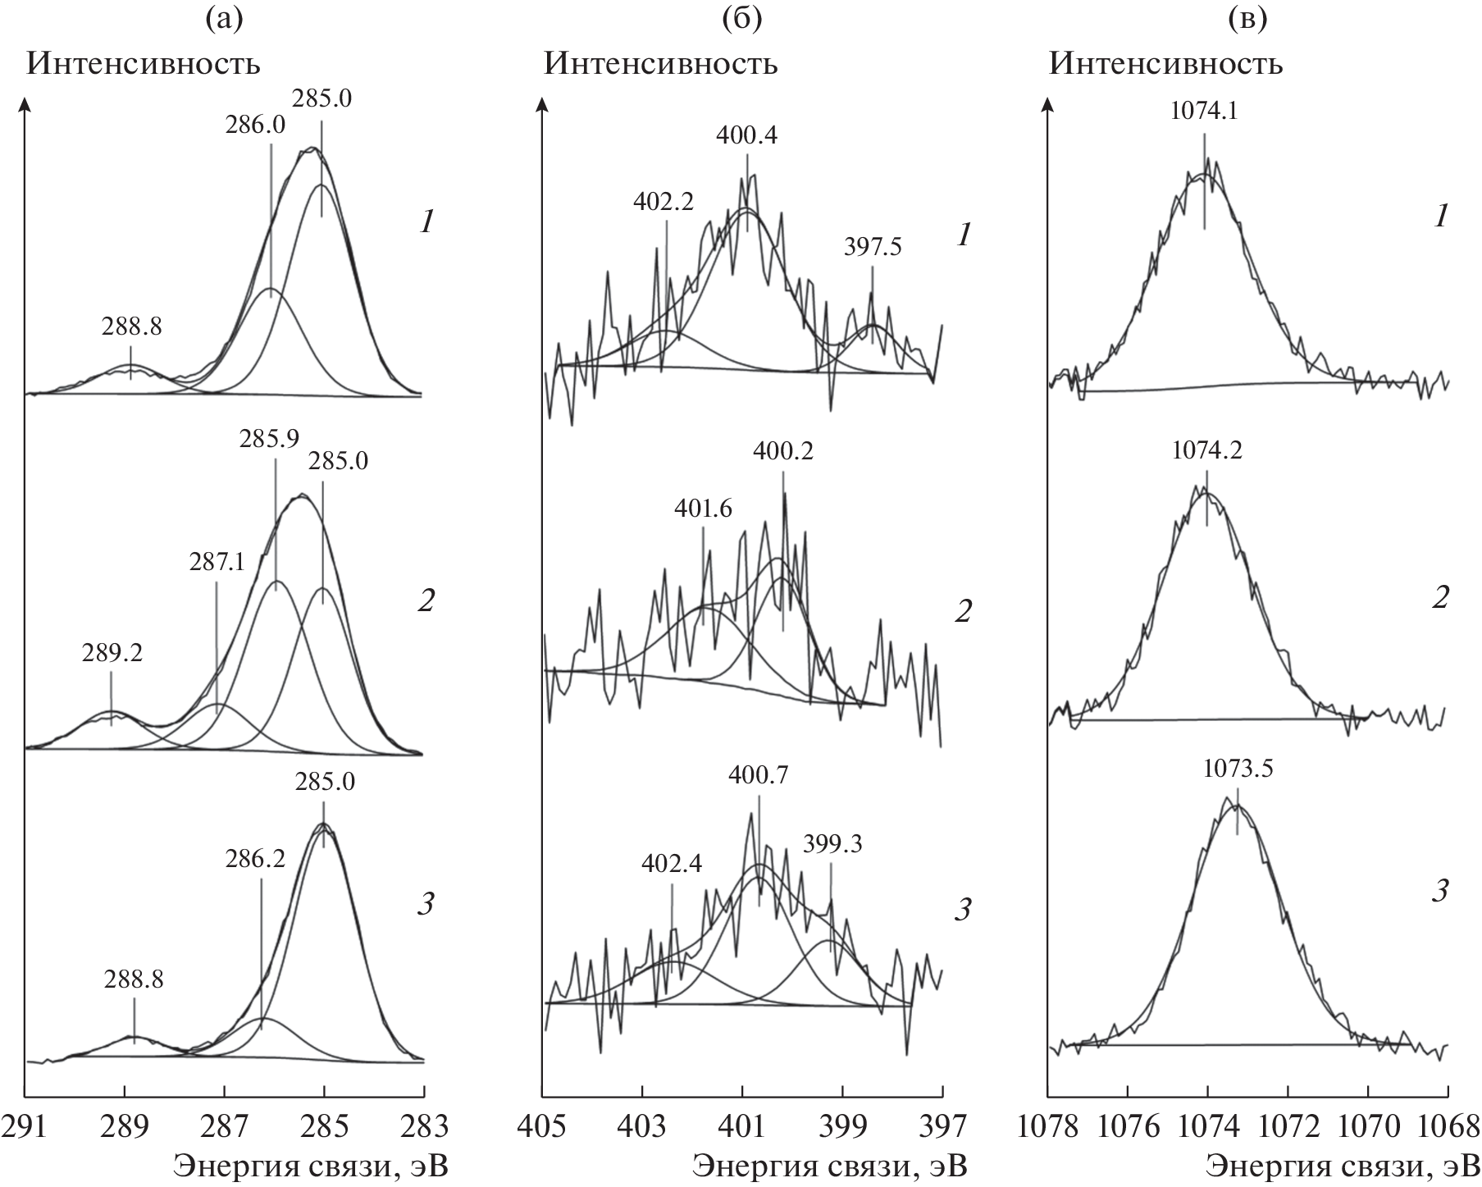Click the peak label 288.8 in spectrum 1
coord(132,326)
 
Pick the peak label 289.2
coord(112,653)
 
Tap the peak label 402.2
coord(663,203)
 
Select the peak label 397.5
coord(873,248)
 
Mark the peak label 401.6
coord(704,509)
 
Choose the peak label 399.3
coord(833,845)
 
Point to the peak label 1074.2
coord(1207,450)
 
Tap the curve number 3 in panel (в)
coord(1439,892)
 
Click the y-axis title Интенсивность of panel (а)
coord(144,64)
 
